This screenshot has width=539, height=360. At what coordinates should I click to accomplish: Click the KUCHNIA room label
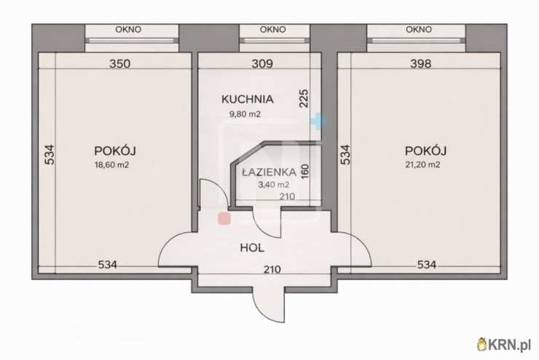(248, 99)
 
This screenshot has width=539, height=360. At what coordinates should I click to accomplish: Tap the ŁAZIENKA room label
(269, 172)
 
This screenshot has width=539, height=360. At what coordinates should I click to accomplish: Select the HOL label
(252, 248)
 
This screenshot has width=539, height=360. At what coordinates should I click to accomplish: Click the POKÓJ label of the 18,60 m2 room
(115, 151)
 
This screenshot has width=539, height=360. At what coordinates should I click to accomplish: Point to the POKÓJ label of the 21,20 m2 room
(425, 151)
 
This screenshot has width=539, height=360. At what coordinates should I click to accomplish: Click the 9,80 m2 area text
(245, 114)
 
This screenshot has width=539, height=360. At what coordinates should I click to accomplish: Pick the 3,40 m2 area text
(274, 184)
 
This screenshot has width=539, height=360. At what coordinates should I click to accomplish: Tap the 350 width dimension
(119, 63)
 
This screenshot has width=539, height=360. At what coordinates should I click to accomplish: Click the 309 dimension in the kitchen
(262, 63)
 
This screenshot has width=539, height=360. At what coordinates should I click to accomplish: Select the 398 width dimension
(421, 63)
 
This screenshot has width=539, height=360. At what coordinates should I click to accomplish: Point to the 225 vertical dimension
(304, 98)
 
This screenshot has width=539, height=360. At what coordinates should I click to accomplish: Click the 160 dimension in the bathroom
(305, 171)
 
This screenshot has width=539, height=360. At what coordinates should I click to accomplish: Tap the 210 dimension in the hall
(272, 270)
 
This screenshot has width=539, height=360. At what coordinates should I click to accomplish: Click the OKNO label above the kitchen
(272, 30)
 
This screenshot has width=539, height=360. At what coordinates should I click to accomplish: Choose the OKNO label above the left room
(128, 30)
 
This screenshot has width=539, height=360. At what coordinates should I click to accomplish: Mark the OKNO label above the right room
(419, 30)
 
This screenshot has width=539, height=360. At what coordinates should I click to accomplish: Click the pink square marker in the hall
(224, 219)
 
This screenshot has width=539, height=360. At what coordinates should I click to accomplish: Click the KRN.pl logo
(504, 344)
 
